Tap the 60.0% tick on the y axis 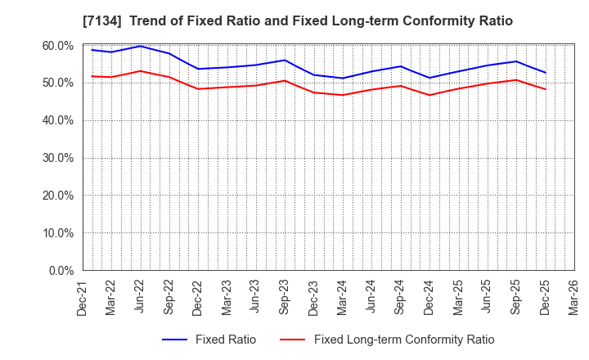[x=56, y=46]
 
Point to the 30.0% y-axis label [x=56, y=158]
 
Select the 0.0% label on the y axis [x=60, y=270]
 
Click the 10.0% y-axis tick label [x=56, y=233]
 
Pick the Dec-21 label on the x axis [x=83, y=297]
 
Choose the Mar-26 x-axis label [x=573, y=297]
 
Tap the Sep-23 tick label [x=285, y=297]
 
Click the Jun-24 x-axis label [x=371, y=297]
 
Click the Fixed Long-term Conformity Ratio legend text [x=403, y=340]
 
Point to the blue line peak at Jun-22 [x=141, y=46]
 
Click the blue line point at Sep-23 [x=285, y=60]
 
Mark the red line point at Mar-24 [x=343, y=95]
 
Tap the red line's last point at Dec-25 [x=545, y=89]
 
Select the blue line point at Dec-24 [x=429, y=78]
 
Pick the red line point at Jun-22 [x=141, y=71]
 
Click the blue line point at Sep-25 [x=516, y=61]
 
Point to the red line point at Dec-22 [x=198, y=88]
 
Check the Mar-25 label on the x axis [x=458, y=297]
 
